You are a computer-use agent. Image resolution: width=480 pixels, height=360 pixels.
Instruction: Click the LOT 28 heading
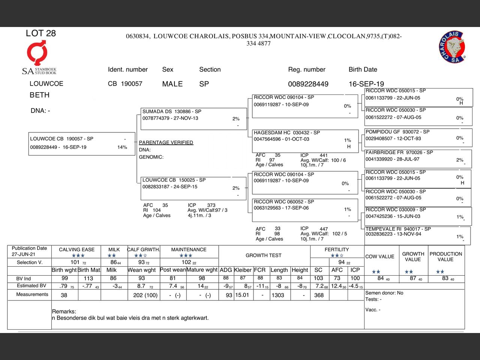point(40,33)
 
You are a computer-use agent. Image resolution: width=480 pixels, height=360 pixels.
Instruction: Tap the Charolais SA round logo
point(452,47)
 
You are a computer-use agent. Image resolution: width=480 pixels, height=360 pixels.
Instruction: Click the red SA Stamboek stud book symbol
point(37,53)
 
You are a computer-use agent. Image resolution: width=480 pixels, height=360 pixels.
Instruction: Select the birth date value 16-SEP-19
point(366,84)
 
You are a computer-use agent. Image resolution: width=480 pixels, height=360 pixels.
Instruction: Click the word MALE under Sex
point(172,84)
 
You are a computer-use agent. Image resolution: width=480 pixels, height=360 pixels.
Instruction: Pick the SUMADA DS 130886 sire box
point(193,118)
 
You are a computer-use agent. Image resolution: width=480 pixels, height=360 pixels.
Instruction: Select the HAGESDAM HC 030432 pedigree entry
point(304,139)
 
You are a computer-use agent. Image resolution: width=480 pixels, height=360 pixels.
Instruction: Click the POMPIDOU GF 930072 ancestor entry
point(418,137)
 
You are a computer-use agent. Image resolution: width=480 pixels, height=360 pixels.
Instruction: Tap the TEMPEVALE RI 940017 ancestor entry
point(418,234)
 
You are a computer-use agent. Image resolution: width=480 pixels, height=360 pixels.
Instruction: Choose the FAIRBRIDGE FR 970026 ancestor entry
point(418,158)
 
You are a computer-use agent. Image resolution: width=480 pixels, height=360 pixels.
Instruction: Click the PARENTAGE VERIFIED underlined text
point(166,142)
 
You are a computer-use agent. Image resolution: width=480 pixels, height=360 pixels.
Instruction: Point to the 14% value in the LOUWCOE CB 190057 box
point(122,147)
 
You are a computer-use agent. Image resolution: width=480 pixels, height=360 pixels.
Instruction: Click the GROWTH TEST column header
point(263,255)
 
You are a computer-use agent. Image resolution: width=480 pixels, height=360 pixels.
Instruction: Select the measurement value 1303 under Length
point(278,295)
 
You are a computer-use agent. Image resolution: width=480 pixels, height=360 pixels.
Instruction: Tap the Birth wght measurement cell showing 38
point(64,295)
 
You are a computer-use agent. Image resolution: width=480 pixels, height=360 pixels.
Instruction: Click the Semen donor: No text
point(384,293)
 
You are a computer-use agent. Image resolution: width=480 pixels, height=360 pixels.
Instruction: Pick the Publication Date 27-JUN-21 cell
point(29,251)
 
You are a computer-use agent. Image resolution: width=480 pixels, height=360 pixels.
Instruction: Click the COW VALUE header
point(379,256)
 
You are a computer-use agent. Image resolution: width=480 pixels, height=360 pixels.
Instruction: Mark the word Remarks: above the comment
point(64,312)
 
